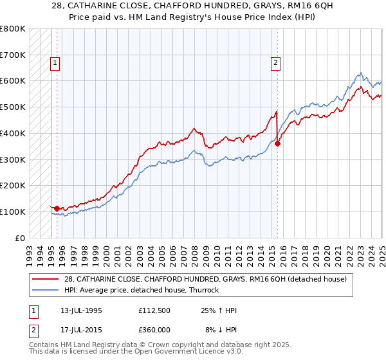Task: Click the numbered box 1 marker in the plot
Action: click(55, 63)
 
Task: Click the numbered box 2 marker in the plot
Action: click(275, 63)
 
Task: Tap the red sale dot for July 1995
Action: click(57, 208)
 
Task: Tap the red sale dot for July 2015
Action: click(277, 144)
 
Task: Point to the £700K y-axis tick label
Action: click(13, 55)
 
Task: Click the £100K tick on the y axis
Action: click(13, 212)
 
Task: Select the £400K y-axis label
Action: click(13, 134)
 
